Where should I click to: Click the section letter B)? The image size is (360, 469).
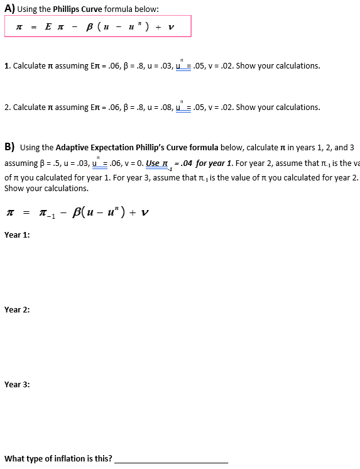click(9, 147)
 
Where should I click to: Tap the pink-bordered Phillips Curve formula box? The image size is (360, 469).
click(97, 26)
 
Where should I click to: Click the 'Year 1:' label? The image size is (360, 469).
click(17, 235)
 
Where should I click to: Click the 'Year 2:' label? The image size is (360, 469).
click(17, 309)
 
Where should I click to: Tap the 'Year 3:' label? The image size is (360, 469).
click(17, 384)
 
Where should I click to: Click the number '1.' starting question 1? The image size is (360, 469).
click(7, 66)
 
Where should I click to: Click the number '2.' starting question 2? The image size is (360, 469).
click(7, 108)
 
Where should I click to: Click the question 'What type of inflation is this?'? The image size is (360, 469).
click(58, 459)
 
